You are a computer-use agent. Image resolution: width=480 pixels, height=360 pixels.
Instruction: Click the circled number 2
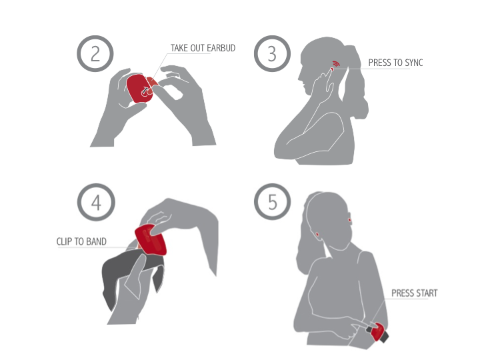95,53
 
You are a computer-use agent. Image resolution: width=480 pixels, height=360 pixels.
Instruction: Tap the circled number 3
272,53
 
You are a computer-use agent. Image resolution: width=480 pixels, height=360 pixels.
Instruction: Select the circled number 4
96,202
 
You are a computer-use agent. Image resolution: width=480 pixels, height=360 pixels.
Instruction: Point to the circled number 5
272,202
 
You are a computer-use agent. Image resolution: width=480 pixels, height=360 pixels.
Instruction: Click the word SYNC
414,63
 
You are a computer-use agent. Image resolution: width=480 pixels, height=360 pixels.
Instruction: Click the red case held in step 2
140,88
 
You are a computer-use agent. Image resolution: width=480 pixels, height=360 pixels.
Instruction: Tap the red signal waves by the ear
336,64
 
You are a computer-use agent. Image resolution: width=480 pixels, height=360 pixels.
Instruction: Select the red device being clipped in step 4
151,239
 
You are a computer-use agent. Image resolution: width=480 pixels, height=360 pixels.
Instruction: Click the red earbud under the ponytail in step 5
317,235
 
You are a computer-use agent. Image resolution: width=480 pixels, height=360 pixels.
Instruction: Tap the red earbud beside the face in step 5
349,220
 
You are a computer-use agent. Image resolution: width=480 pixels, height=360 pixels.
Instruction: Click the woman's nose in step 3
299,77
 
